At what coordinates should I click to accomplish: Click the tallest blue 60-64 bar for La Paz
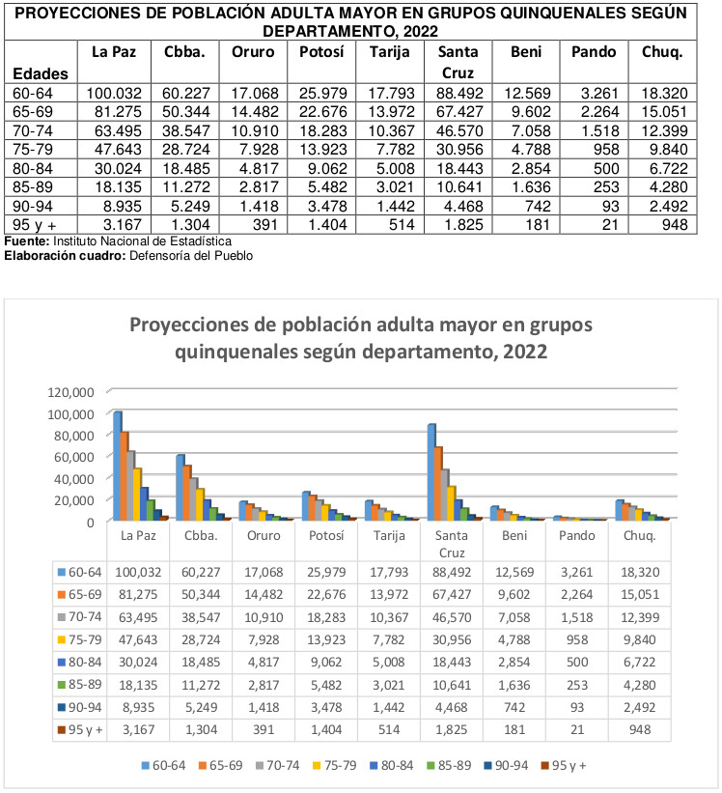118,466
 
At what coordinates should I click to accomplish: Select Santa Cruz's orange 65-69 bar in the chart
439,483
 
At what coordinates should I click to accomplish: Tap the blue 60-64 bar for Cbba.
180,488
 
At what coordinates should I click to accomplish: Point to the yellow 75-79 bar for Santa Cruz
452,503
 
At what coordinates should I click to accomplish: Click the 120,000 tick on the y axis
70,392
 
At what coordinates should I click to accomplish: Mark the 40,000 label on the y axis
74,478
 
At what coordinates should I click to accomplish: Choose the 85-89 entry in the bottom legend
449,765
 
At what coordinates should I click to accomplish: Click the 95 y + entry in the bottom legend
564,765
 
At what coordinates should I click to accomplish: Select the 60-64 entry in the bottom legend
164,765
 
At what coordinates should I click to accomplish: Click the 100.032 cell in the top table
114,93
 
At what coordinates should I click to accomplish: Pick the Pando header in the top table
594,51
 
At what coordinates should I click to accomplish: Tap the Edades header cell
41,73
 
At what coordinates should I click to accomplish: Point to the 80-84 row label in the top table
33,168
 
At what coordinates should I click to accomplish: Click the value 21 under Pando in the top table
610,224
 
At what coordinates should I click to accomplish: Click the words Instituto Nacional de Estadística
143,241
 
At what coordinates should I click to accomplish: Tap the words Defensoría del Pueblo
191,255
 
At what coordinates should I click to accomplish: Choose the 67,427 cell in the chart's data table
452,594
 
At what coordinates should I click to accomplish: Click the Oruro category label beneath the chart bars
264,535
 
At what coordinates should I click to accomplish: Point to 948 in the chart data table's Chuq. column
640,730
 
